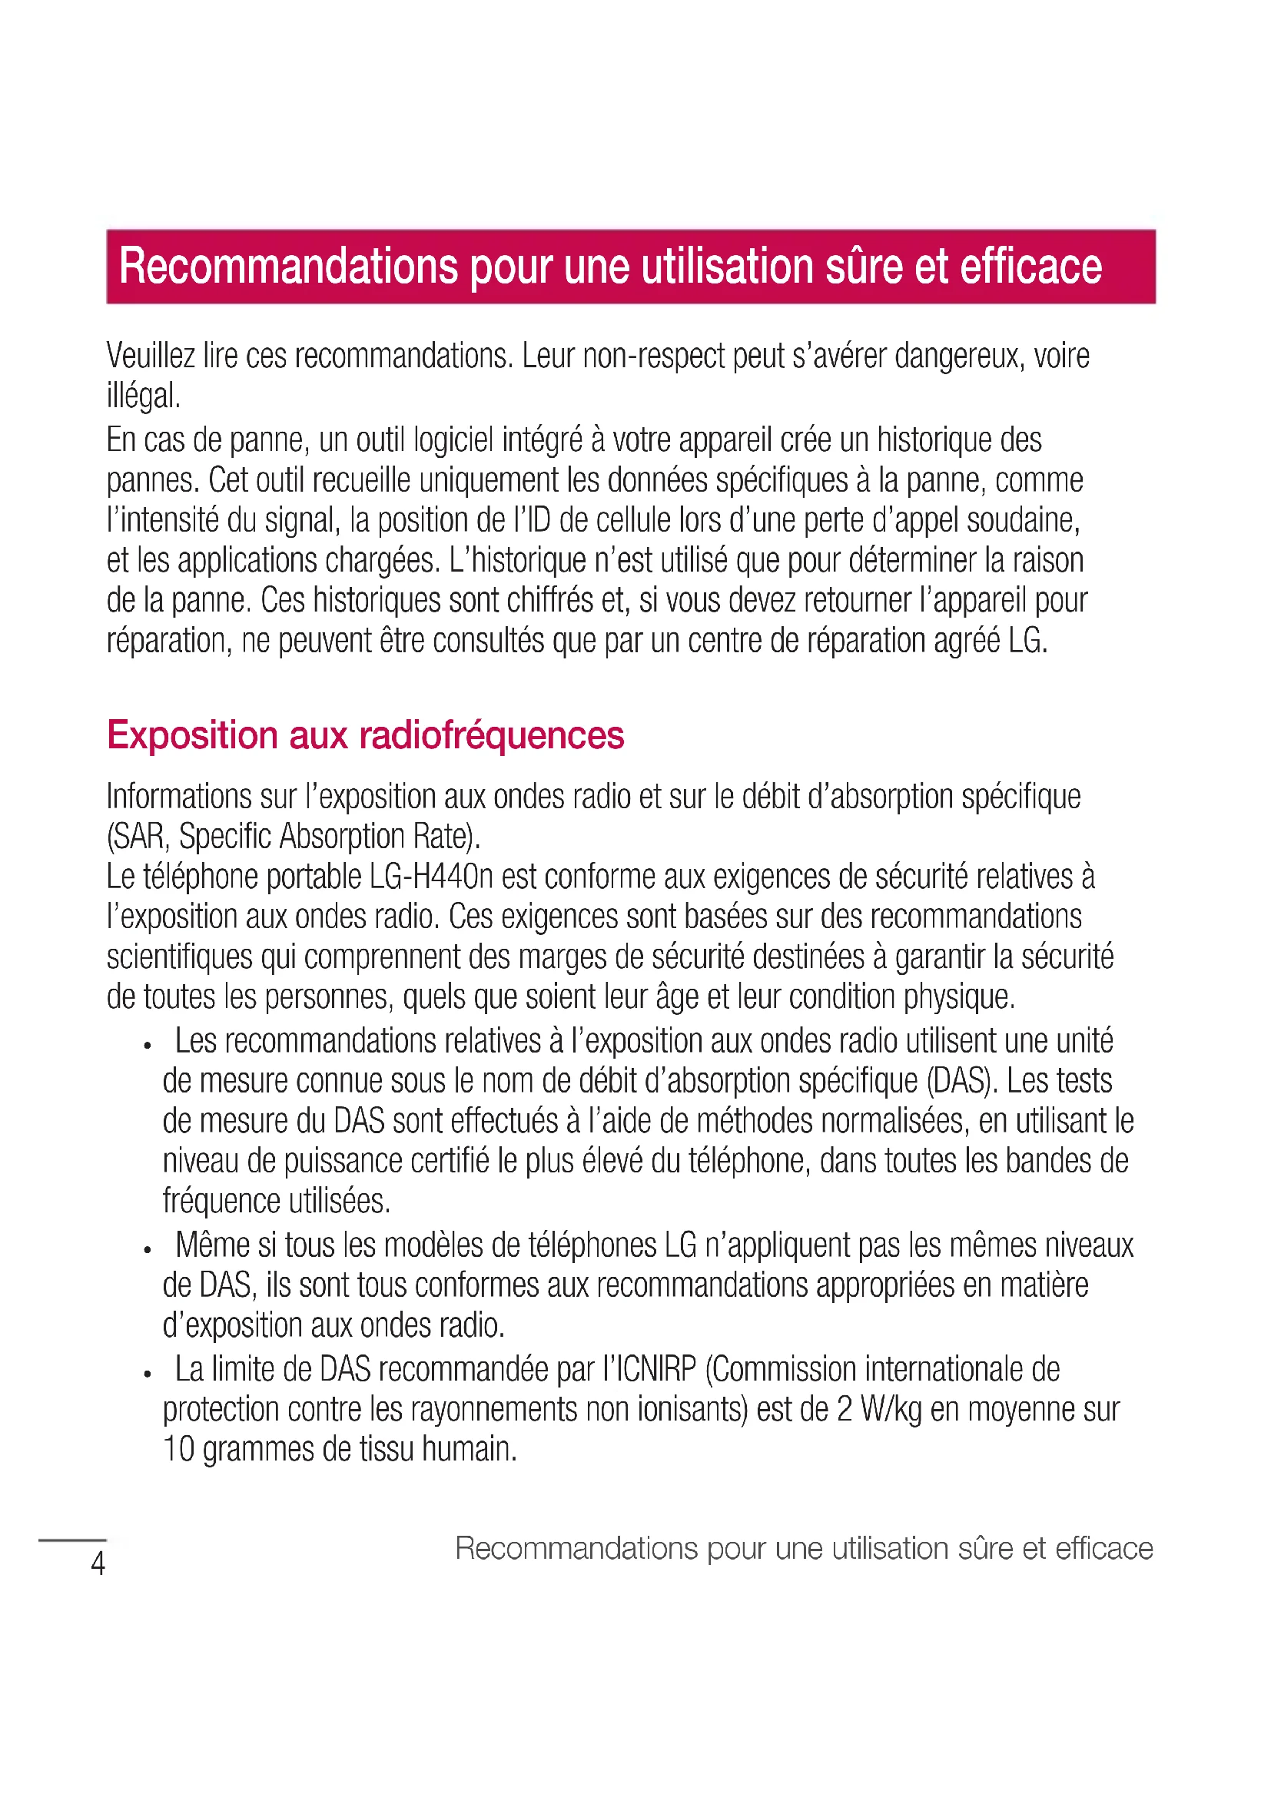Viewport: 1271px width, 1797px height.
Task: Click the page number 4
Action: coord(98,1563)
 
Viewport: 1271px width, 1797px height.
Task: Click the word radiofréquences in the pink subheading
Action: coord(492,736)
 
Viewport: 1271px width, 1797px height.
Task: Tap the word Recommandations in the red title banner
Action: coord(288,266)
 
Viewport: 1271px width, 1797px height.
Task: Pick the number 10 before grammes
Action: coord(178,1450)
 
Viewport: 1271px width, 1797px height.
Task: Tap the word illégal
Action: coord(143,395)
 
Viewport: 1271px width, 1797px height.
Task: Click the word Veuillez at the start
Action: coord(151,356)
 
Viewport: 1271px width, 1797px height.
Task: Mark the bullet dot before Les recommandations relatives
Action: coord(146,1046)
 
